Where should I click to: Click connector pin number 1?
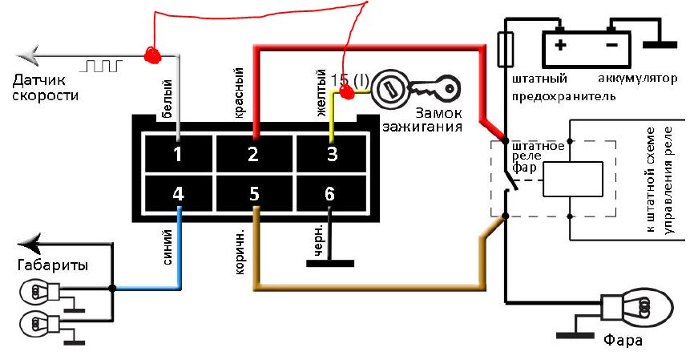click(178, 153)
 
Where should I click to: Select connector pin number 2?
click(252, 153)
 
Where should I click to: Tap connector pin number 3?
click(332, 153)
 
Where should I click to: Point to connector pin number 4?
click(178, 193)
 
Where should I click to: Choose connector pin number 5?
click(252, 193)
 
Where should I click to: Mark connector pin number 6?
click(329, 193)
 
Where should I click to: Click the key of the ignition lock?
click(436, 85)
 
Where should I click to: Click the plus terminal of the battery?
click(559, 45)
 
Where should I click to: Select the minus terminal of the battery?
click(611, 45)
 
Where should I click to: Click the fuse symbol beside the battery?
click(504, 50)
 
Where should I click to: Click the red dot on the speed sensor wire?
click(151, 55)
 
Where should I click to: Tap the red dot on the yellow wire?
click(348, 93)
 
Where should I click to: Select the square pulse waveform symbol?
click(103, 63)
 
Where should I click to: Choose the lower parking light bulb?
click(34, 324)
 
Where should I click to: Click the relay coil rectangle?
click(572, 180)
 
